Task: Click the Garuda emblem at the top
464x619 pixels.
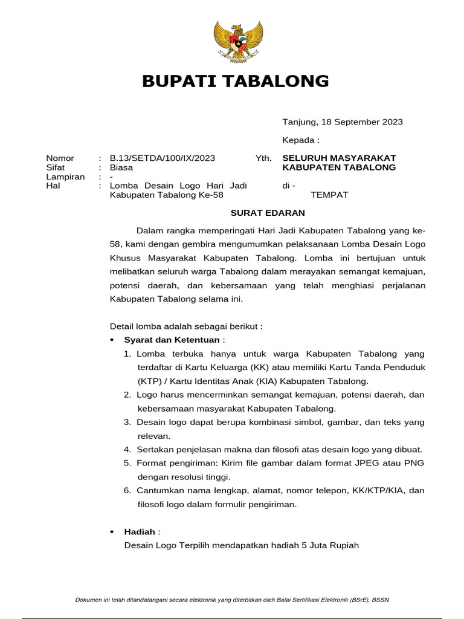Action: tap(239, 41)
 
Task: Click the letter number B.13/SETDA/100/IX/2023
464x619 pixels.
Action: tap(162, 158)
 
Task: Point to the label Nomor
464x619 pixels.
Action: tap(60, 158)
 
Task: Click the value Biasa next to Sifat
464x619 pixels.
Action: tap(121, 167)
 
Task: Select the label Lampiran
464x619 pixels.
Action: tap(65, 177)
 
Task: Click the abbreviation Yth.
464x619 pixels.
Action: tap(263, 158)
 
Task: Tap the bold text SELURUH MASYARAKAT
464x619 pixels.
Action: tap(343, 158)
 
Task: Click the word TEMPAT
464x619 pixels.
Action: tap(329, 195)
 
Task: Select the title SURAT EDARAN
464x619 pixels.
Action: tap(268, 213)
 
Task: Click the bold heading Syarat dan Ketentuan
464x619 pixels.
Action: tap(172, 340)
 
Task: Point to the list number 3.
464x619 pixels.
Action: tap(127, 422)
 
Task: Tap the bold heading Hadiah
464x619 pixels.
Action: tap(139, 531)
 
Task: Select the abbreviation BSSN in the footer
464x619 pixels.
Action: tap(381, 600)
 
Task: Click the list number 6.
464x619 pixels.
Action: tap(127, 490)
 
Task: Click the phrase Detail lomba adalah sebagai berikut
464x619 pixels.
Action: tap(186, 326)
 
